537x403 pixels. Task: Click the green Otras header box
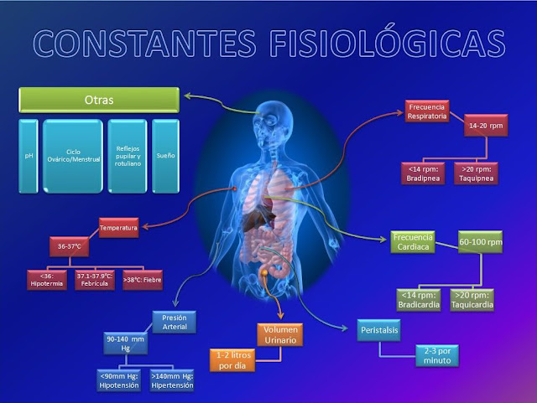point(99,101)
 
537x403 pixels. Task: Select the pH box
point(29,156)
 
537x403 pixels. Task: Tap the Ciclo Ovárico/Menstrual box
point(73,156)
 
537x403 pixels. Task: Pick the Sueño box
point(165,156)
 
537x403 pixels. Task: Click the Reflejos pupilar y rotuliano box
point(127,156)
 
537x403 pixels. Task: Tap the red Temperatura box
point(118,227)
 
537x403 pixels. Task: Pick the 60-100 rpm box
point(480,243)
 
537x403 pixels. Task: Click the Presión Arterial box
point(175,323)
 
